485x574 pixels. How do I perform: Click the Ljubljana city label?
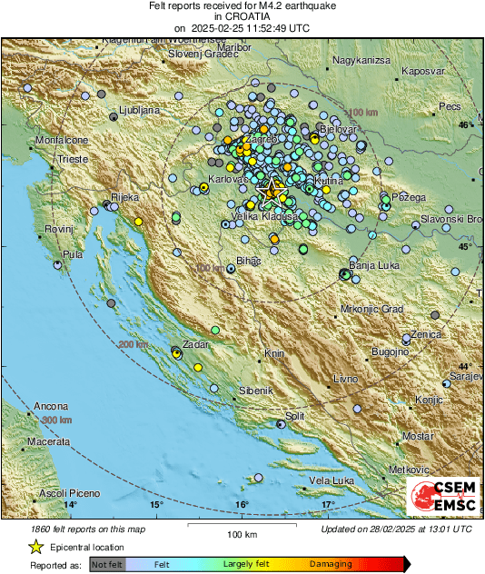(x=140, y=110)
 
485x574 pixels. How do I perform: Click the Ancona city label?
(x=50, y=405)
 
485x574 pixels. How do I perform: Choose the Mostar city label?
(x=418, y=437)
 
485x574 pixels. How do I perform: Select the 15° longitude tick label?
(x=156, y=504)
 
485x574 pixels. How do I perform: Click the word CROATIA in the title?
(x=241, y=16)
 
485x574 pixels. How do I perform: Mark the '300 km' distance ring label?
(x=55, y=421)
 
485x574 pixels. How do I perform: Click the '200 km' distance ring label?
(x=133, y=344)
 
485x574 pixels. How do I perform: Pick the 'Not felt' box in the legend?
(x=105, y=564)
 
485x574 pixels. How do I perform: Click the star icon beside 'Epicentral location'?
(x=35, y=547)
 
